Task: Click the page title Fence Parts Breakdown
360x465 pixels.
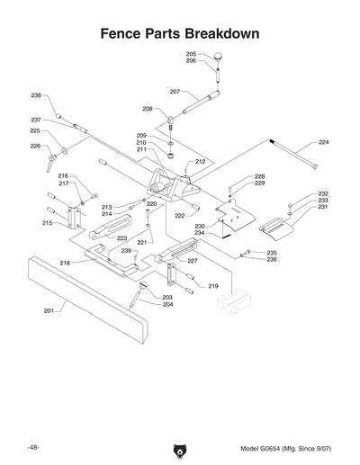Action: [180, 33]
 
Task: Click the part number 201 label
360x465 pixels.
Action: [49, 310]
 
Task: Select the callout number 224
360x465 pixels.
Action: [324, 142]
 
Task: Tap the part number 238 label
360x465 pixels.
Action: [36, 95]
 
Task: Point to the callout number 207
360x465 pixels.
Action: [175, 92]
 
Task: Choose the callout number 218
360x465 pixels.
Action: [65, 263]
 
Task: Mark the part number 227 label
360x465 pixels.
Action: [192, 261]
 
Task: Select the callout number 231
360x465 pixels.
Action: [323, 208]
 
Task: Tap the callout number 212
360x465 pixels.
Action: [201, 161]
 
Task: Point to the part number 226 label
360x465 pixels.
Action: [35, 145]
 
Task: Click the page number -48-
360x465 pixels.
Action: [33, 447]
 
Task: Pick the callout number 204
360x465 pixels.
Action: [167, 305]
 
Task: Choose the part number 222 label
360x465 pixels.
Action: [180, 216]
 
